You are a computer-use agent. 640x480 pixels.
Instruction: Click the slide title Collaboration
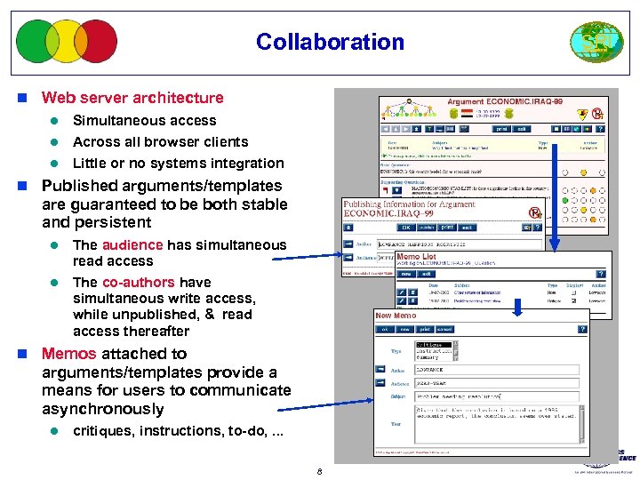pyautogui.click(x=330, y=42)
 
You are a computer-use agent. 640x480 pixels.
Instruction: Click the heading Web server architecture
pyautogui.click(x=132, y=98)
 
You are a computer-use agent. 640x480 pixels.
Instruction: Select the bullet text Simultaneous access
pyautogui.click(x=144, y=121)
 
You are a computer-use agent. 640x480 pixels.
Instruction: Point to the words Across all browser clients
pyautogui.click(x=160, y=142)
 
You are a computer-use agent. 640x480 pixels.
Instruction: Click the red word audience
pyautogui.click(x=132, y=245)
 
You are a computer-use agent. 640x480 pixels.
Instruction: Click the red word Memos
pyautogui.click(x=69, y=354)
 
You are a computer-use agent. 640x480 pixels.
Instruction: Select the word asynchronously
pyautogui.click(x=102, y=410)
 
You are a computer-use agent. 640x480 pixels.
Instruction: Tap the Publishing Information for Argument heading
pyautogui.click(x=410, y=204)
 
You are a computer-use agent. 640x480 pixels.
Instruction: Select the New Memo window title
pyautogui.click(x=396, y=316)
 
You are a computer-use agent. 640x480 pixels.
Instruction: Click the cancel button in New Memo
pyautogui.click(x=444, y=329)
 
